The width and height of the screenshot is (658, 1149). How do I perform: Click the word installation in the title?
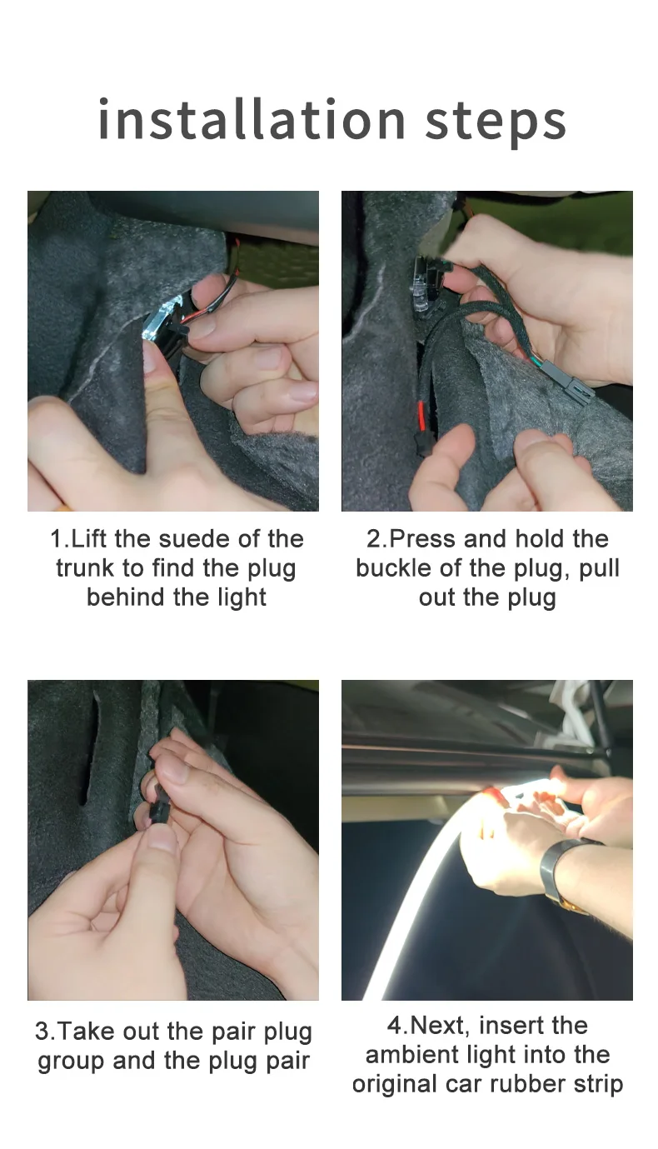[252, 119]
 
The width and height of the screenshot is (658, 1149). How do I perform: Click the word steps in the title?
[496, 123]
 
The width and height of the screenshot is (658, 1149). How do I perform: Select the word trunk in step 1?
[85, 567]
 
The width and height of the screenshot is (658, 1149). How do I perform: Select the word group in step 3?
[71, 1062]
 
